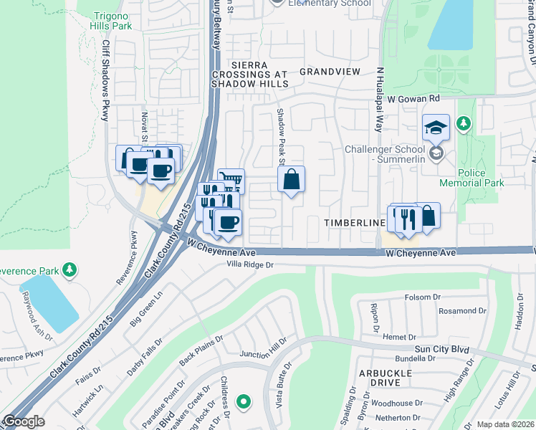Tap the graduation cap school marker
click(x=435, y=128)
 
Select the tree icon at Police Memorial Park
click(x=464, y=124)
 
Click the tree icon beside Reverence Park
click(x=70, y=269)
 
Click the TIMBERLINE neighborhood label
click(x=355, y=223)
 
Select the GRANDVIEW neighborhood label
click(x=330, y=72)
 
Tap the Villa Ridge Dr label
click(x=246, y=265)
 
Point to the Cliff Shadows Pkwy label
click(x=106, y=79)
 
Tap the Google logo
click(x=24, y=421)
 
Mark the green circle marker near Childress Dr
click(x=244, y=402)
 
